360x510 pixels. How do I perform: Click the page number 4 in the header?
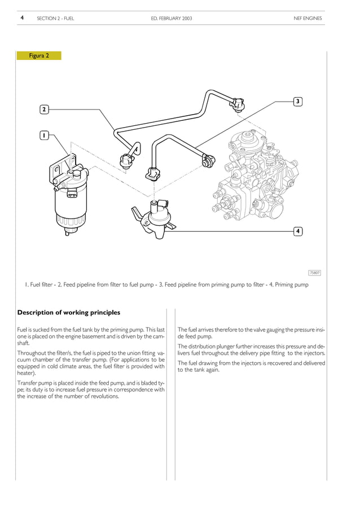tap(22, 18)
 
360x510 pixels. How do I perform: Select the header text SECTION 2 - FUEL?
tap(55, 19)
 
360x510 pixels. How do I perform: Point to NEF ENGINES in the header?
tap(308, 19)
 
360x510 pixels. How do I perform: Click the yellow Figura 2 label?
tap(39, 56)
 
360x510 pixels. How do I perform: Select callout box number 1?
tap(44, 136)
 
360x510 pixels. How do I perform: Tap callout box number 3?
tap(298, 102)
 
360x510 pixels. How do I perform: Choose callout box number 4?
tap(298, 231)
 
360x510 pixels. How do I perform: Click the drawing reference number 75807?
tap(314, 273)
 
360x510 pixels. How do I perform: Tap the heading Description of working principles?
tap(69, 312)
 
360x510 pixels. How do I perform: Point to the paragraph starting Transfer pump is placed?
tap(91, 389)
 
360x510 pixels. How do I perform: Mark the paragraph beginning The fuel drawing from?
tap(251, 367)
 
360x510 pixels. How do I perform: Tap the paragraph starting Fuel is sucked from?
tap(91, 335)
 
